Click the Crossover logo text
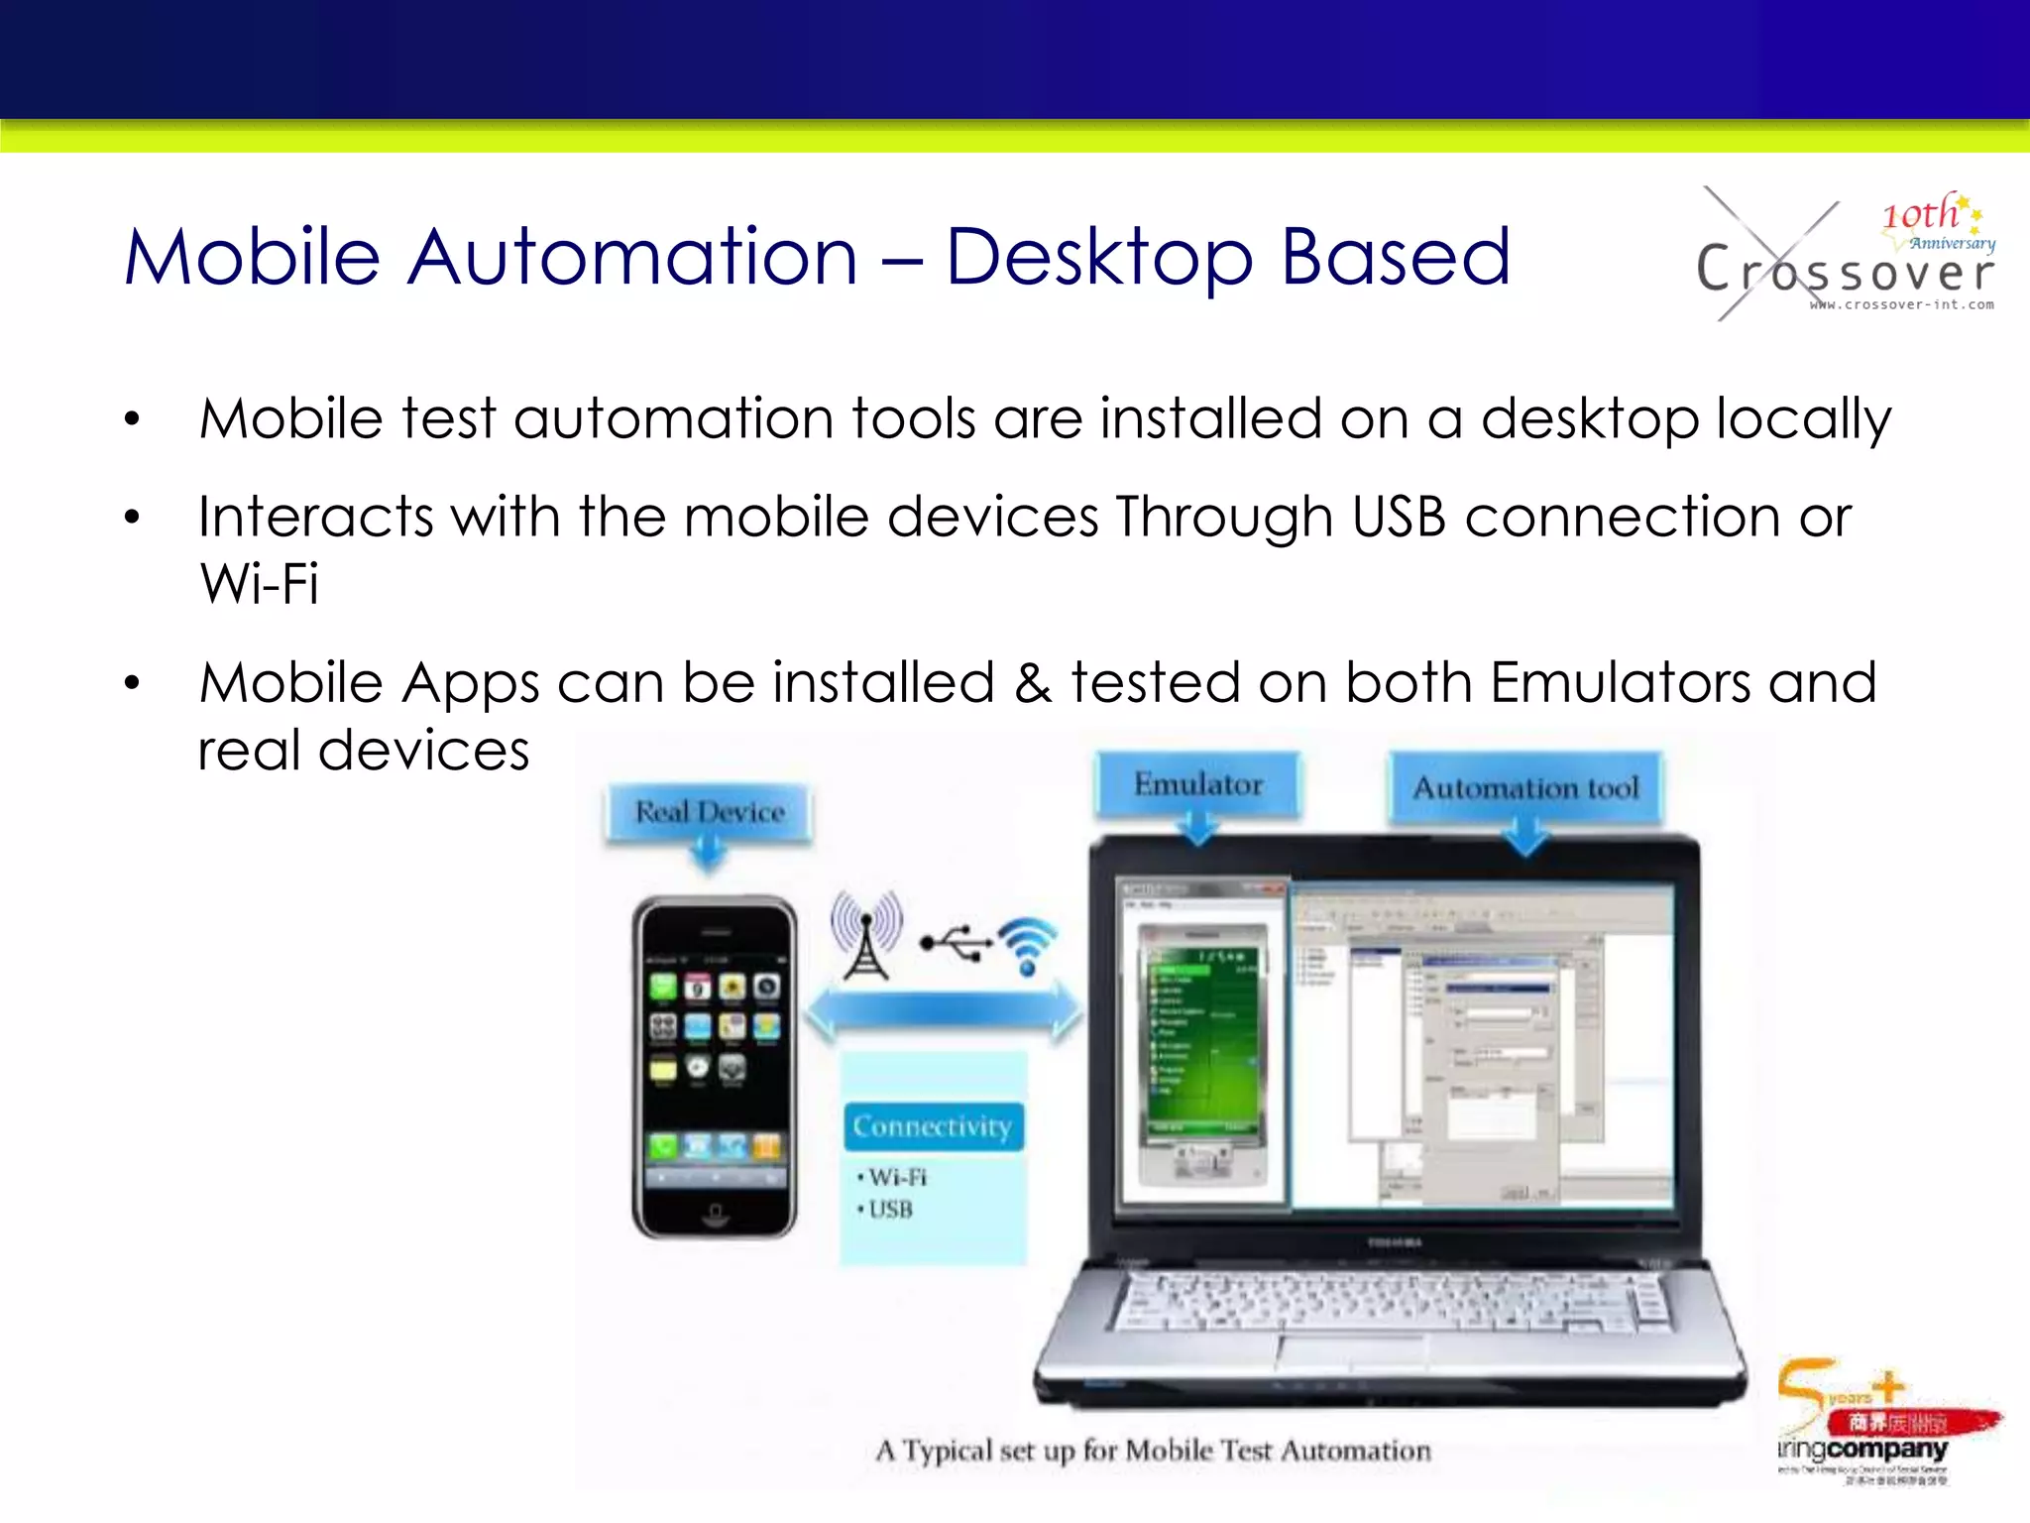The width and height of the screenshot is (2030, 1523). point(1844,271)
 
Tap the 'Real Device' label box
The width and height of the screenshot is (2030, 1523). point(710,812)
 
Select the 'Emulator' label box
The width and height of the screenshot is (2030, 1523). point(1197,784)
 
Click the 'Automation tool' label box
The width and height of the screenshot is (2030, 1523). point(1525,788)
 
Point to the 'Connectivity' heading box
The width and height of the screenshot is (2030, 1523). point(932,1126)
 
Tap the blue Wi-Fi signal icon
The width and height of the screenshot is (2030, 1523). point(1028,942)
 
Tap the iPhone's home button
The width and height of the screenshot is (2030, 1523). point(714,1214)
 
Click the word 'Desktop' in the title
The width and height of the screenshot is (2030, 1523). point(1099,257)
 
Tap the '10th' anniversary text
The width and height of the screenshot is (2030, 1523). point(1920,214)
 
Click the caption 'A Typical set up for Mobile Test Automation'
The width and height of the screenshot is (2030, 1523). point(1153,1451)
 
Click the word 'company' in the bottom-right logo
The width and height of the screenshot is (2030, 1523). point(1887,1449)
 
